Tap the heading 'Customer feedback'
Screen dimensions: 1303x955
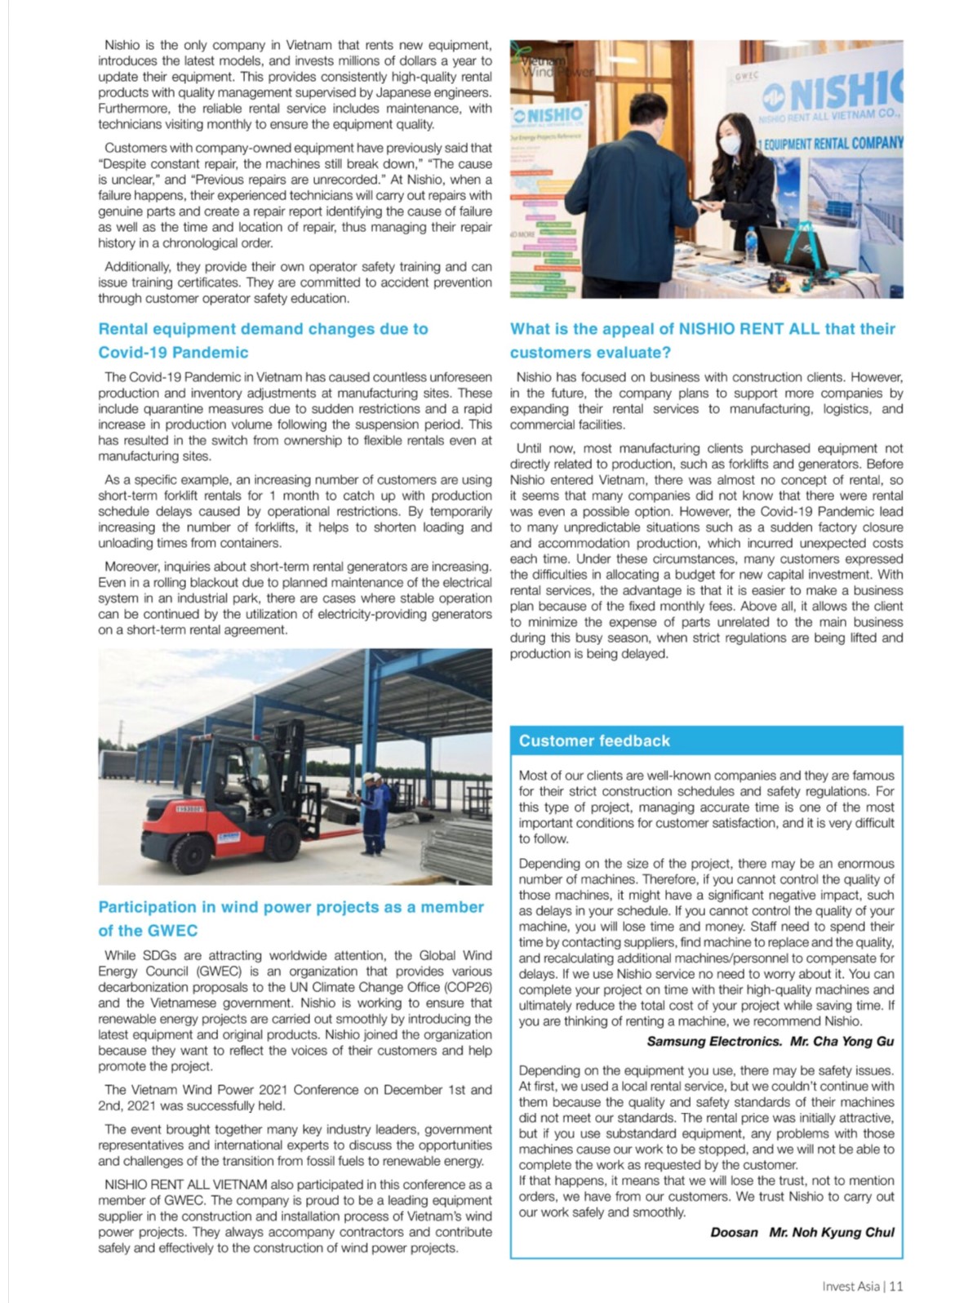(594, 740)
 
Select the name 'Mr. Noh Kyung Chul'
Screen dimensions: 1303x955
(832, 1232)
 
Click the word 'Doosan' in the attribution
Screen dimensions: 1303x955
(735, 1232)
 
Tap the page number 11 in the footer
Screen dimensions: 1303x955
(897, 1286)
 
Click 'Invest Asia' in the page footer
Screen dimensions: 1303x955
(851, 1286)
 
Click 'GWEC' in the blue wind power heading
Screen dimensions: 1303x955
(171, 931)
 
